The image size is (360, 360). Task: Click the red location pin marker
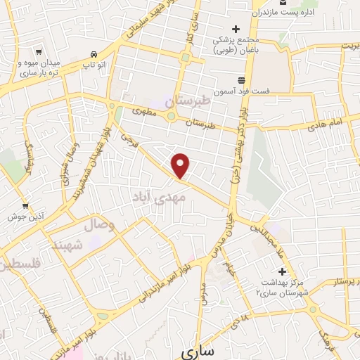(x=181, y=165)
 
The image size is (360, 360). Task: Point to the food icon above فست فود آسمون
(x=241, y=79)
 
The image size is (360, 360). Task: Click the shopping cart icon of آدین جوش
(x=25, y=206)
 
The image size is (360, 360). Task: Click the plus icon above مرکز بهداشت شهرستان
(x=283, y=271)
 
